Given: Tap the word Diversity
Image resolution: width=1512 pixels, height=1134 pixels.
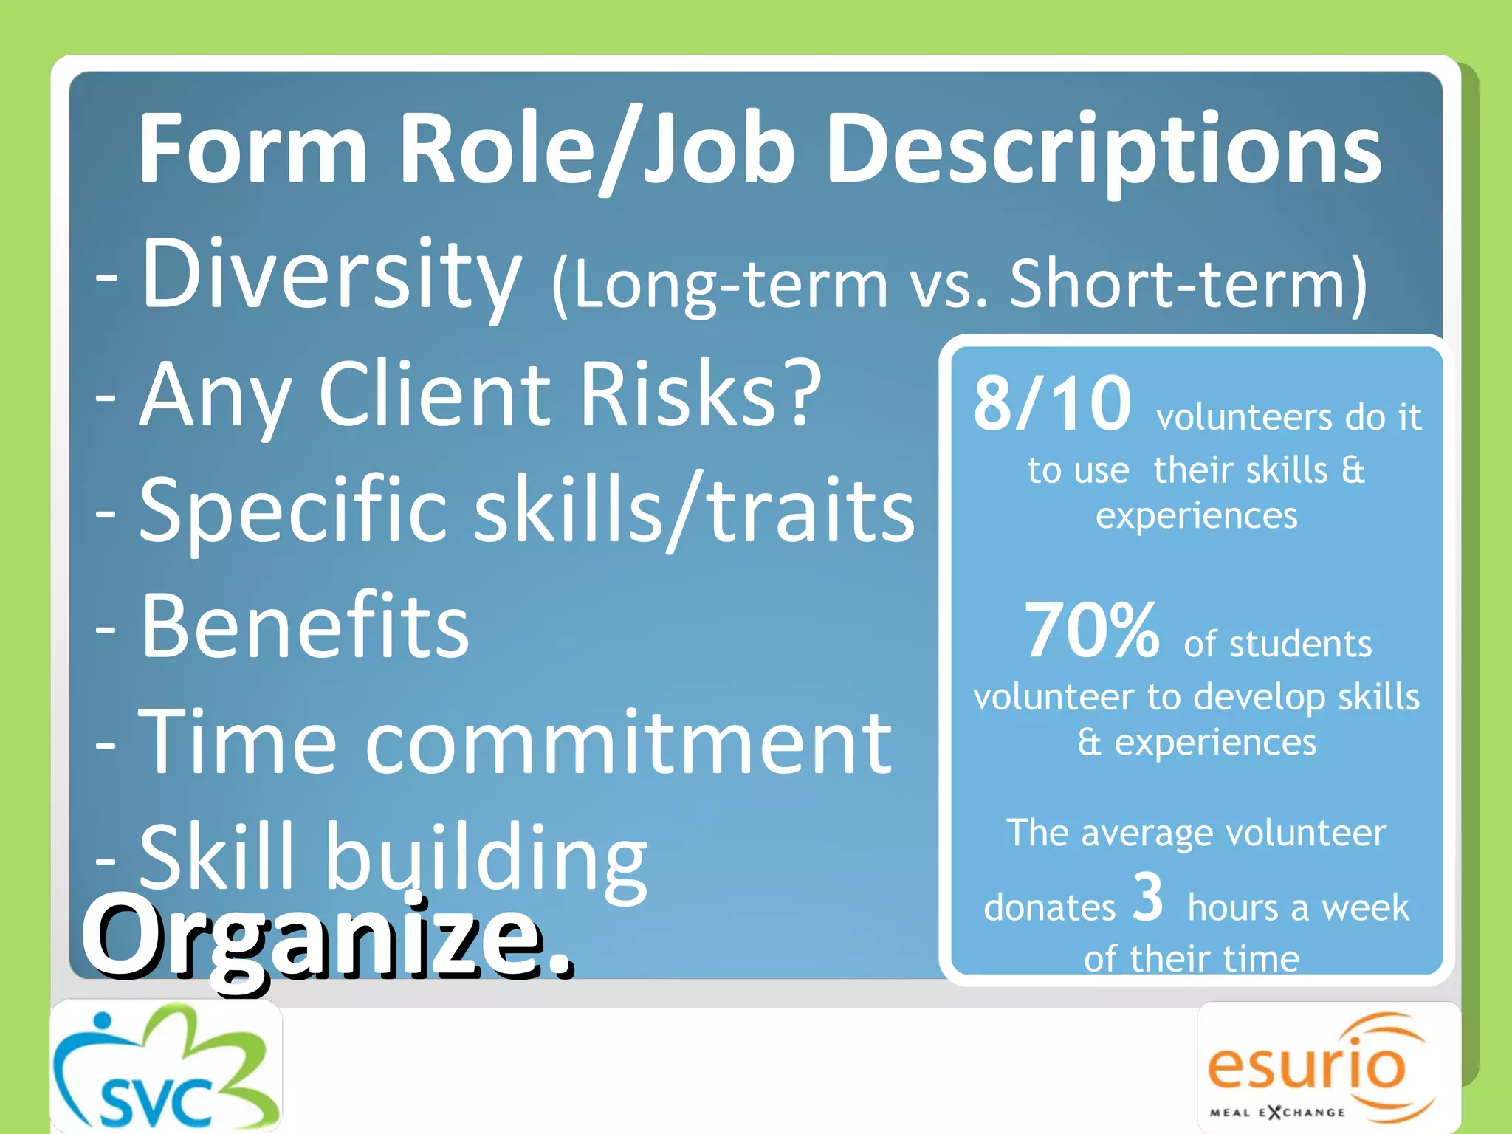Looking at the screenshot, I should coord(331,275).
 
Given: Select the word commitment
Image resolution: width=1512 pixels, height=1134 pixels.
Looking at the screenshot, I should coord(628,742).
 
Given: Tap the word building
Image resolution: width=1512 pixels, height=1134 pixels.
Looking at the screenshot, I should coord(486,860).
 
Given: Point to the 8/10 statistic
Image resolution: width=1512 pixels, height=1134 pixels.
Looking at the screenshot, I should coord(1051,404).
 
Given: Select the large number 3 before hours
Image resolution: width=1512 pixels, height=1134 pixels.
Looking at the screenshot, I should coord(1147,896).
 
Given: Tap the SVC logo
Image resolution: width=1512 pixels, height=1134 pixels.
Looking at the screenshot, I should coord(166,1068).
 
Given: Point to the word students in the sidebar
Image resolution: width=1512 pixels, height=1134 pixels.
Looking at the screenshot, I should coord(1300,644).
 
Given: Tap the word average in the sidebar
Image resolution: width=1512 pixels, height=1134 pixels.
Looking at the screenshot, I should coord(1149,834).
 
